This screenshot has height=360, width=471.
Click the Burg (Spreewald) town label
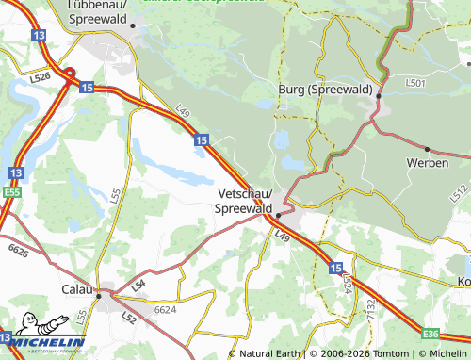tap(323, 89)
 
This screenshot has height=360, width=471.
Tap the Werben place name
tap(426, 162)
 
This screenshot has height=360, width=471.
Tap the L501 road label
tap(415, 84)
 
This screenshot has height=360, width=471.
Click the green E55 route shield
tap(12, 192)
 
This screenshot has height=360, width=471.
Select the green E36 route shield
tap(431, 334)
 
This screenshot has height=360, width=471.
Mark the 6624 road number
tap(165, 309)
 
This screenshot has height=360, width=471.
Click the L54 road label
tap(138, 285)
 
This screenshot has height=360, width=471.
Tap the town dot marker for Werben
tap(427, 149)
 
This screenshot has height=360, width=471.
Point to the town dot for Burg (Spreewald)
tap(378, 95)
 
